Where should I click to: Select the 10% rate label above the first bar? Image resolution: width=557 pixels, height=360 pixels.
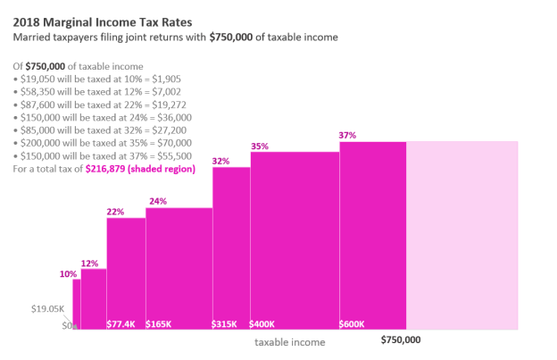pos(68,274)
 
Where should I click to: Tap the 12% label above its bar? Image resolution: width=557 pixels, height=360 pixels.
pos(89,264)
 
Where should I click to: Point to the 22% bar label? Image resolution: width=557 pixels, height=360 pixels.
pos(115,212)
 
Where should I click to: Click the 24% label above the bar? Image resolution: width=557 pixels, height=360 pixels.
pos(157,202)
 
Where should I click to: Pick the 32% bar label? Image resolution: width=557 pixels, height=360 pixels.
pos(221,161)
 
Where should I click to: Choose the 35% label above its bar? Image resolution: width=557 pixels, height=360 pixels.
pos(260,147)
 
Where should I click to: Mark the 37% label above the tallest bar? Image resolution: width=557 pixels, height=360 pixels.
pos(347,136)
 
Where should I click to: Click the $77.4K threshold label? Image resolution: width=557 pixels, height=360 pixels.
pos(121,323)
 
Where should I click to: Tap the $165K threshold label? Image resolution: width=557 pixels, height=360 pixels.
pos(159,323)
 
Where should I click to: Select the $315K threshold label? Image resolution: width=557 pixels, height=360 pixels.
pos(225,323)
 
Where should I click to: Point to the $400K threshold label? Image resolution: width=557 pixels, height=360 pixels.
pos(264,323)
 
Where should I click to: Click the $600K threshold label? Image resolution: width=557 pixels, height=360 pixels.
pos(353,323)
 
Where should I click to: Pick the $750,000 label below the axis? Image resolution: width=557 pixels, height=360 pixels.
pos(401,340)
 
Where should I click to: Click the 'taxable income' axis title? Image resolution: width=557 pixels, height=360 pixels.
pos(290,342)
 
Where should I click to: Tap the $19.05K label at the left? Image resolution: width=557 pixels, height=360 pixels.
pos(46,308)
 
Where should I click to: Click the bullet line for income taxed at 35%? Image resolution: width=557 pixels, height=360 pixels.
pos(102,142)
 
